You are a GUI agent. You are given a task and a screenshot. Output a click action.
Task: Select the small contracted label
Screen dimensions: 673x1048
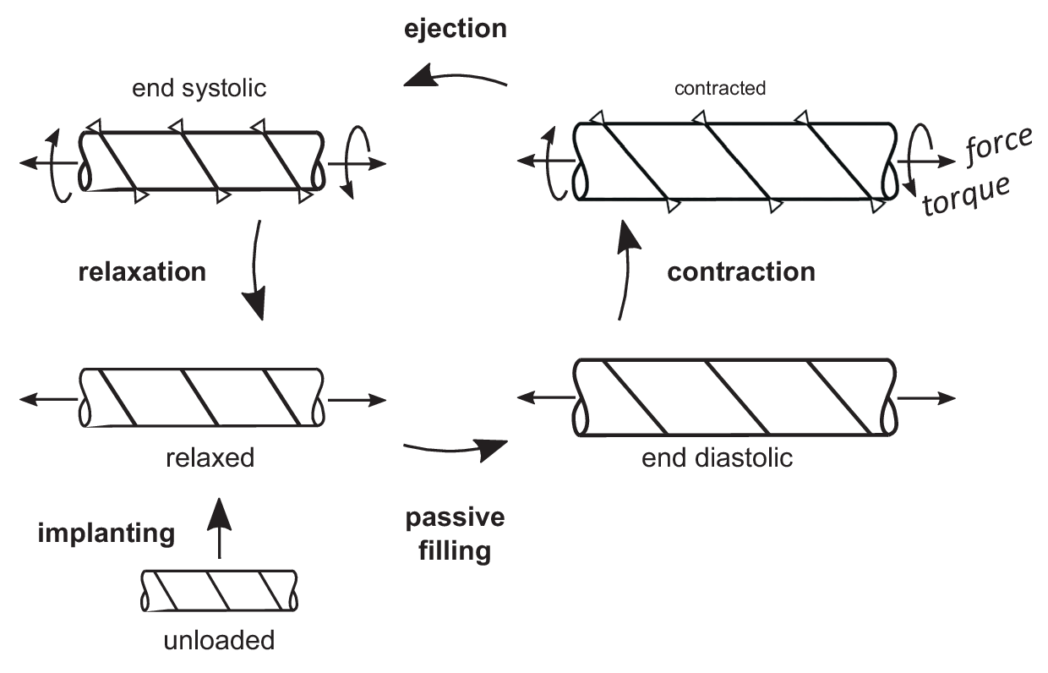pyautogui.click(x=721, y=88)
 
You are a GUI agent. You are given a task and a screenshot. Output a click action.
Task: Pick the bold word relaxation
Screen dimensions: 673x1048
pyautogui.click(x=141, y=272)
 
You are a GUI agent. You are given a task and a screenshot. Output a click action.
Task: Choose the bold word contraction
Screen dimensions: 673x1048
pyautogui.click(x=741, y=272)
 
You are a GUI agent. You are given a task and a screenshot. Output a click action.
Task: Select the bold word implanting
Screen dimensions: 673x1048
pyautogui.click(x=106, y=533)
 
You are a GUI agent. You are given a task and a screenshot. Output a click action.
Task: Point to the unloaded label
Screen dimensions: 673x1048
pyautogui.click(x=219, y=640)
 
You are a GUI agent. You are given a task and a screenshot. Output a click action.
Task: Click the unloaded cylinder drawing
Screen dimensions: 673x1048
pyautogui.click(x=219, y=590)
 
